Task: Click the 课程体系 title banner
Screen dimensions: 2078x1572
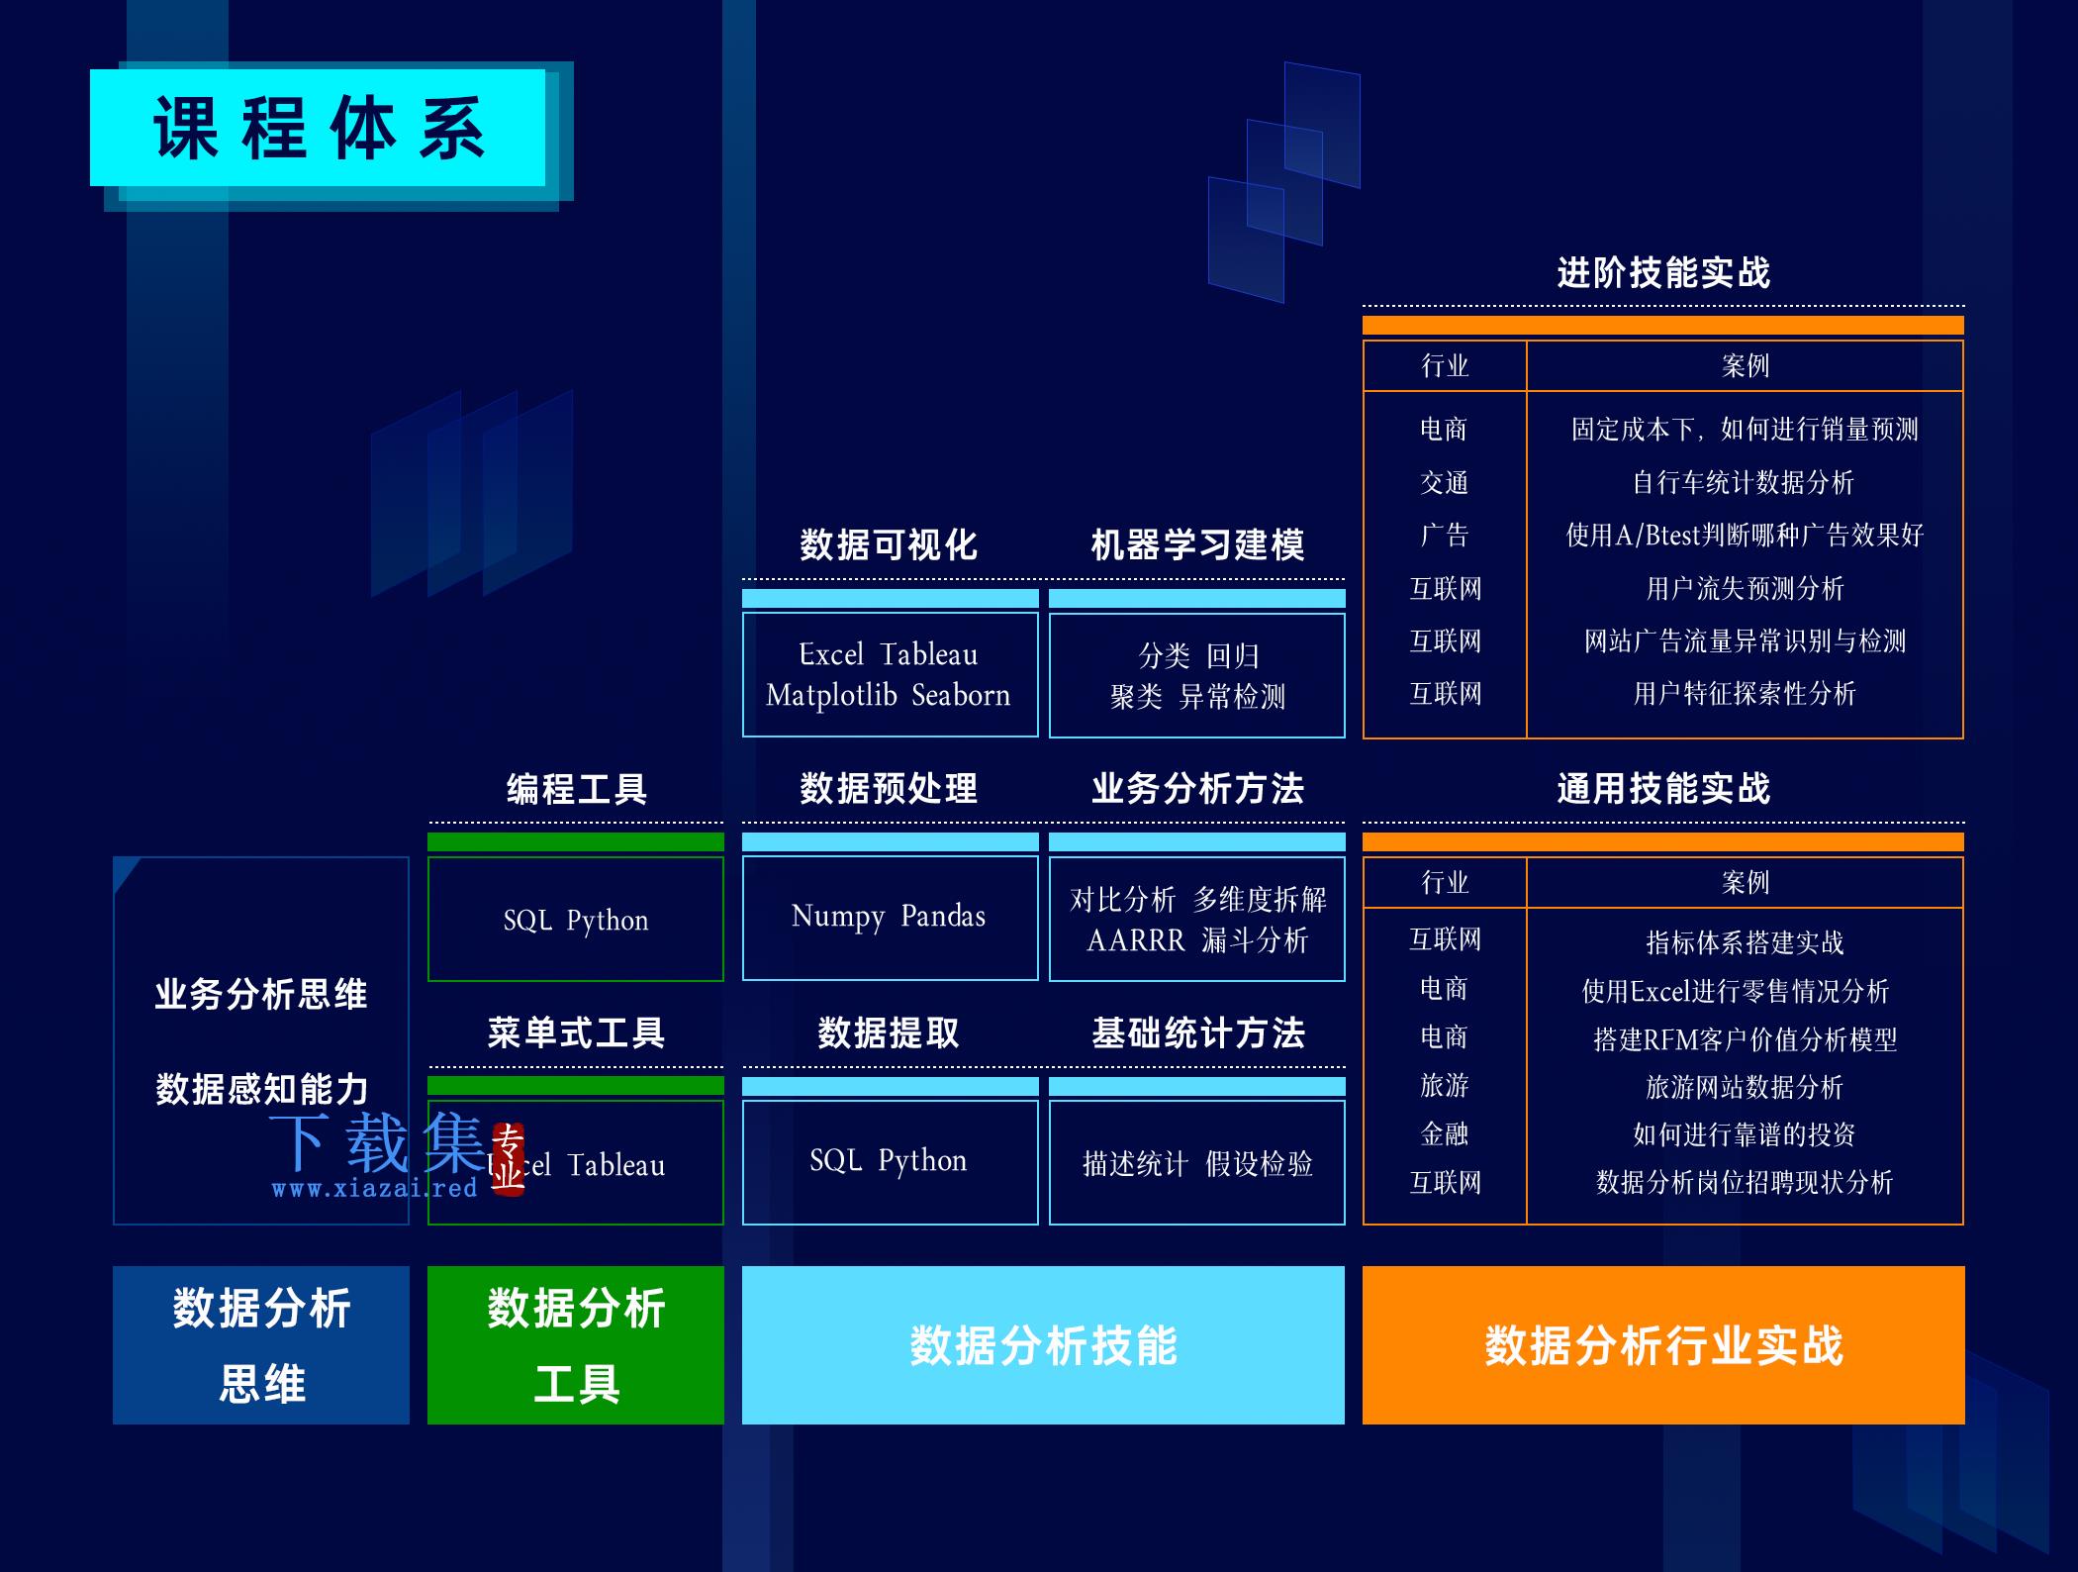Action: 318,128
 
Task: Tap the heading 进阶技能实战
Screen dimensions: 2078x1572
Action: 1663,272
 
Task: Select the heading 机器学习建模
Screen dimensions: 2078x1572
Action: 1197,544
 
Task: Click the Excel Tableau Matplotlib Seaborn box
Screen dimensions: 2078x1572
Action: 890,674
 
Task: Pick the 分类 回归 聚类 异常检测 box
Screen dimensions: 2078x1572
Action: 1197,675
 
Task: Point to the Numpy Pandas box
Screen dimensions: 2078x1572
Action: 890,918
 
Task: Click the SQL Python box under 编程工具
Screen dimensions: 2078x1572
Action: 576,919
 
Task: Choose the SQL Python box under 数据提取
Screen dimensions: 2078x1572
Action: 890,1162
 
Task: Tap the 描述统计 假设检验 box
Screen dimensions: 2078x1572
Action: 1197,1163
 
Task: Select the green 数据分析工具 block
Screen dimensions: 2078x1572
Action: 576,1345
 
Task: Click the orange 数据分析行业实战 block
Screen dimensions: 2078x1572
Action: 1663,1345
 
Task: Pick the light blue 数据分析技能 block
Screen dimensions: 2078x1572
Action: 1043,1345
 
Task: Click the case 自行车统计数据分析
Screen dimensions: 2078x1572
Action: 1744,482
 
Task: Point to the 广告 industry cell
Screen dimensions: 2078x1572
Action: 1445,536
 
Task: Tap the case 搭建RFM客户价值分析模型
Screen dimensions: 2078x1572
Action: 1745,1039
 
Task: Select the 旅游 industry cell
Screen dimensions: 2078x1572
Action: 1445,1086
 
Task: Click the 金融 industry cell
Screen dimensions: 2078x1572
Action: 1445,1134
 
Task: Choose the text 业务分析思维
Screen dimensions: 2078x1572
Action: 261,994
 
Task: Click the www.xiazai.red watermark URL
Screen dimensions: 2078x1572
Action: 374,1188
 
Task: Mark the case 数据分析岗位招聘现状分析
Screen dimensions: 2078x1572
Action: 1745,1182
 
